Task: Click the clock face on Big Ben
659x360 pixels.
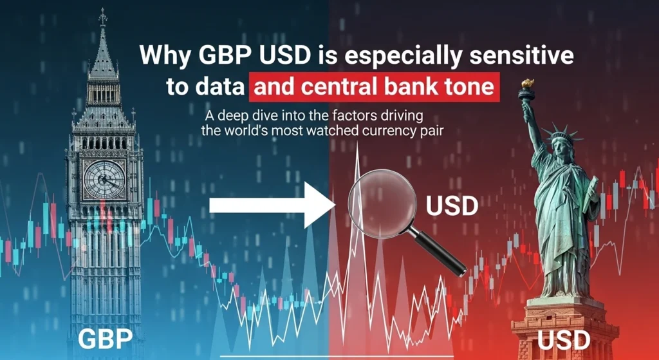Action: tap(104, 179)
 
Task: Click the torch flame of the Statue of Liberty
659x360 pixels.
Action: tap(527, 84)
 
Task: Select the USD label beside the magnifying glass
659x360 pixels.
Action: tap(452, 206)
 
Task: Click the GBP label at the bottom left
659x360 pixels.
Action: tap(106, 338)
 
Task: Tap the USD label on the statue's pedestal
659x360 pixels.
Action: tap(564, 339)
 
